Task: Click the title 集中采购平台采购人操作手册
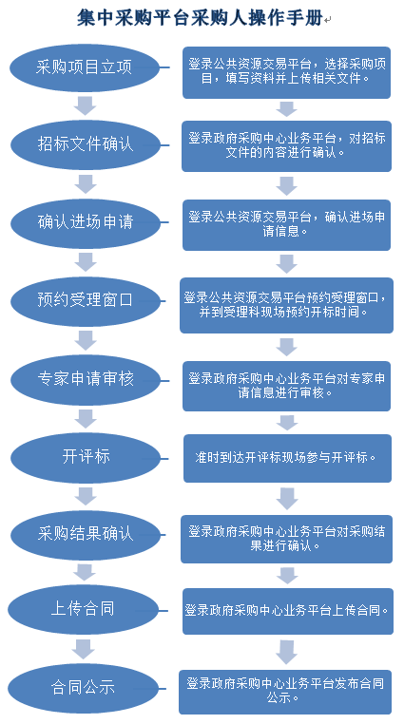(200, 19)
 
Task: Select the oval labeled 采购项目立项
(85, 67)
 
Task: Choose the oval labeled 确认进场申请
(86, 223)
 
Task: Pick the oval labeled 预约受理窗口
(86, 301)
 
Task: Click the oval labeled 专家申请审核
(86, 379)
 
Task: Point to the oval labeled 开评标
(86, 458)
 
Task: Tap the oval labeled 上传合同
(83, 610)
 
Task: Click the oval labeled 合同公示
(83, 689)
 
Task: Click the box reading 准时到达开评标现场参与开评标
(287, 458)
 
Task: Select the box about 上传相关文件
(286, 72)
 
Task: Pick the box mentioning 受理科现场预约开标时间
(286, 305)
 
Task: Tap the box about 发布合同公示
(285, 692)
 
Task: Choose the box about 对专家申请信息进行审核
(286, 386)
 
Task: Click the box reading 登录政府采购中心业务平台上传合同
(288, 611)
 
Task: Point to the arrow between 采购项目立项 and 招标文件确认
(85, 105)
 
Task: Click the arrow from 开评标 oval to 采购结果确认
(86, 496)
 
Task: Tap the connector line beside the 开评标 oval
(164, 458)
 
